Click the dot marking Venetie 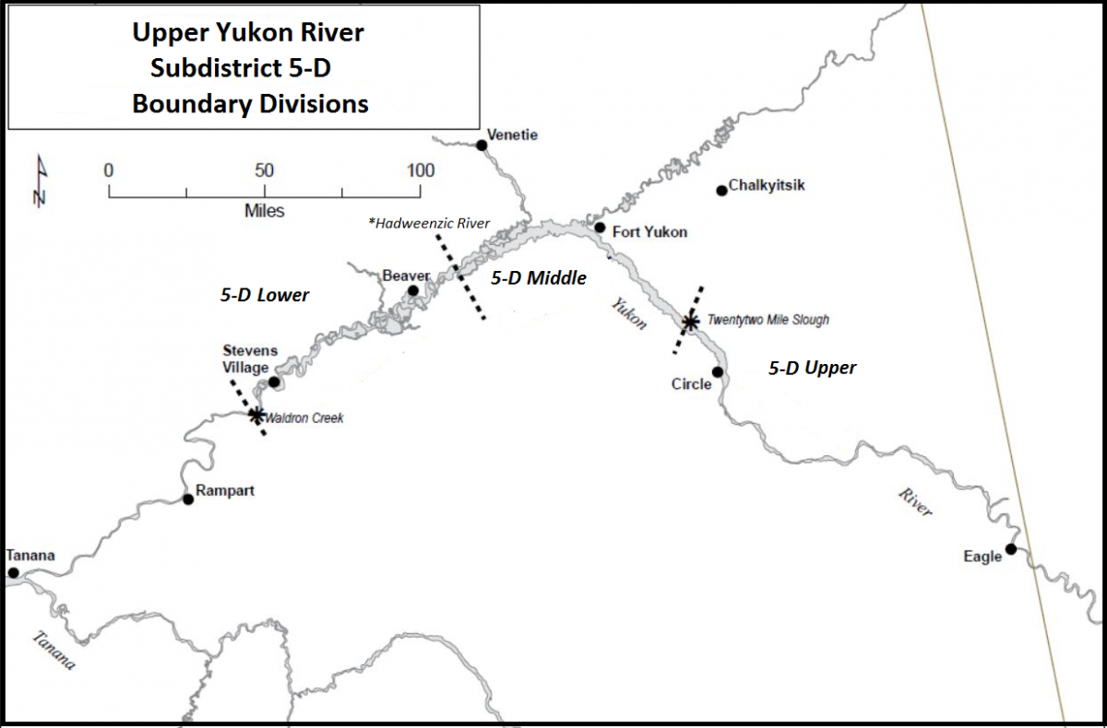(x=481, y=145)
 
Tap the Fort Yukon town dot (x=600, y=227)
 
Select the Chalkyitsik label (x=767, y=185)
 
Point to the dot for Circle (x=717, y=371)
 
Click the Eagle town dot (x=1011, y=549)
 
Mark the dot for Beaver (x=413, y=290)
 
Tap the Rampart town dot (x=188, y=499)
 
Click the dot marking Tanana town (x=13, y=572)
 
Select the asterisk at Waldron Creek (x=256, y=415)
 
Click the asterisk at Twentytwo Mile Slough (x=689, y=321)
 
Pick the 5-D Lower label (x=265, y=295)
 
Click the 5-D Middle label (x=539, y=277)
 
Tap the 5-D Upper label (x=813, y=368)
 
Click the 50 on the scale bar (x=264, y=170)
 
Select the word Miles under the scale (x=264, y=211)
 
